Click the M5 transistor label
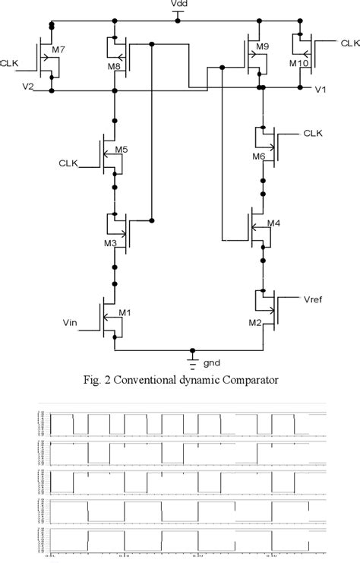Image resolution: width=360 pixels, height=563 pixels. pyautogui.click(x=120, y=150)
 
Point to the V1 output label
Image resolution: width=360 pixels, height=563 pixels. pyautogui.click(x=322, y=90)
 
